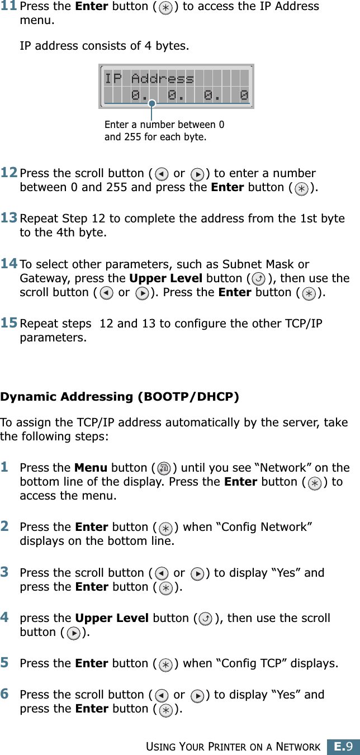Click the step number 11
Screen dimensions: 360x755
tap(10, 7)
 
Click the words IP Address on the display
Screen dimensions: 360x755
tap(149, 78)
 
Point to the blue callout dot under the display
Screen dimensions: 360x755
tap(151, 103)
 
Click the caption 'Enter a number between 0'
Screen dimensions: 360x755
tap(164, 125)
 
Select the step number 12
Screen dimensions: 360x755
tap(10, 173)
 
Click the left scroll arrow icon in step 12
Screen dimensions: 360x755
tap(160, 174)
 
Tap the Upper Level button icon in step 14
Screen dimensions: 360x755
tap(259, 279)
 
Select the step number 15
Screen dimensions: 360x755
tap(10, 324)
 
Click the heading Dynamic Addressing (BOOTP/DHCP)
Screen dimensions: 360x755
tap(120, 397)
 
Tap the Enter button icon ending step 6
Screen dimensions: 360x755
tap(165, 710)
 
